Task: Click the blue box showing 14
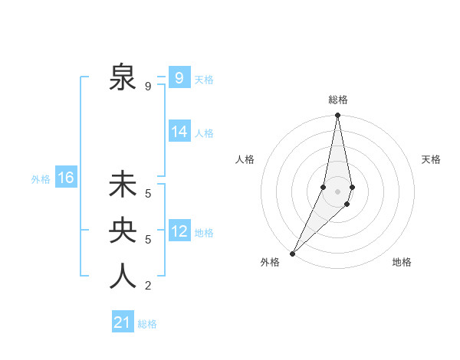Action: (x=179, y=132)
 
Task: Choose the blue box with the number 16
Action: (x=66, y=178)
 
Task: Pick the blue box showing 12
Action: (x=179, y=231)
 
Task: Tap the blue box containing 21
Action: (x=123, y=322)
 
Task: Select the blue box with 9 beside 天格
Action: (x=179, y=78)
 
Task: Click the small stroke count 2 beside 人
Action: (x=148, y=286)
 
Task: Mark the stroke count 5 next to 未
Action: (x=148, y=194)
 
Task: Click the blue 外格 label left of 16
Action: (x=41, y=179)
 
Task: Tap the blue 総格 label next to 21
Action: (x=147, y=324)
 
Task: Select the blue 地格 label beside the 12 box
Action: (x=204, y=233)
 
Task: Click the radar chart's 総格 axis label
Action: (x=338, y=100)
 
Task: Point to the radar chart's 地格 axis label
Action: (x=402, y=262)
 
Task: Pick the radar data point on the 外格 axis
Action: (x=292, y=254)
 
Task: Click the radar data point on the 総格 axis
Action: (x=337, y=116)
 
